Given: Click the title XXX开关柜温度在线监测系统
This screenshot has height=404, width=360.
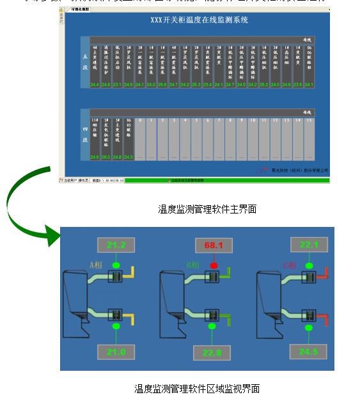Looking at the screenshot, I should (199, 20).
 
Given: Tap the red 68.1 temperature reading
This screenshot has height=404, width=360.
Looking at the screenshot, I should (213, 245).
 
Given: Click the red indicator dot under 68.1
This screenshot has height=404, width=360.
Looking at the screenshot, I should (214, 264).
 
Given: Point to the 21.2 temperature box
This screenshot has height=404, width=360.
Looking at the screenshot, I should (116, 245).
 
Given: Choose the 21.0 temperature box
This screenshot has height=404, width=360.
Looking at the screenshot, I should (116, 352).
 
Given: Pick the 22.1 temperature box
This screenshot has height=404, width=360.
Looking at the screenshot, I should (308, 244).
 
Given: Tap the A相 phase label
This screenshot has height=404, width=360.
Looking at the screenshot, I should (97, 263).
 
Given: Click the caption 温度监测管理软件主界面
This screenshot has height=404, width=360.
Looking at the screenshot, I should (207, 209).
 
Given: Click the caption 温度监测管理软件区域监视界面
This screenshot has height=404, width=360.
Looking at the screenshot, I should (197, 389).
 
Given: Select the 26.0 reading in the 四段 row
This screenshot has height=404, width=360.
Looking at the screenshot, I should (106, 157).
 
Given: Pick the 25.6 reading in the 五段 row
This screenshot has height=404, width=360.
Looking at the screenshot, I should (162, 84).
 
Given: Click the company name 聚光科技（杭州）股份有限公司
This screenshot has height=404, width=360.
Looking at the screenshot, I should (301, 171).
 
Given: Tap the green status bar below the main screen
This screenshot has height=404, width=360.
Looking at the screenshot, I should (227, 181).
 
